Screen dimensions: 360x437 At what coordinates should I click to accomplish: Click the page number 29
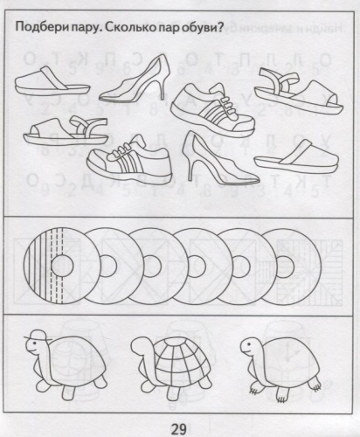[x=178, y=429]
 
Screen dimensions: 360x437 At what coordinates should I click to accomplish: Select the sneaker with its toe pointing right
[x=212, y=110]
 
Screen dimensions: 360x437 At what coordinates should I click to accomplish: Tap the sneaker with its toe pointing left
[x=129, y=157]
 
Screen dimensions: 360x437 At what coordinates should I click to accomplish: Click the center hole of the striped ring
[x=62, y=266]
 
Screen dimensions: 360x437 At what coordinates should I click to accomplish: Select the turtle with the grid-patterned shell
[x=172, y=368]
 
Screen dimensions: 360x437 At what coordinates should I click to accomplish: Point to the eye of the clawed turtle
[x=249, y=343]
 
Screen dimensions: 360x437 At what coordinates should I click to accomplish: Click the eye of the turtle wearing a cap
[x=31, y=343]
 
